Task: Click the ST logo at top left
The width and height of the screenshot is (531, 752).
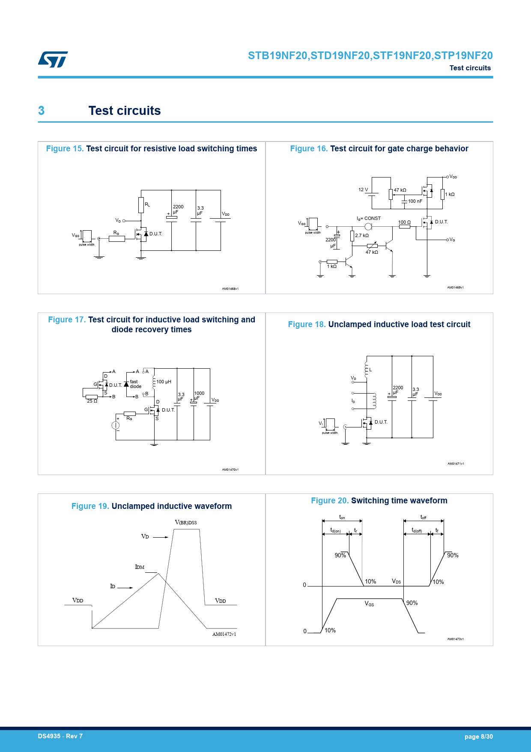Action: point(53,59)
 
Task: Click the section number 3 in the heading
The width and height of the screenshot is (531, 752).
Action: point(41,111)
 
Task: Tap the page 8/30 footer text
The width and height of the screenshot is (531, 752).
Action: point(478,737)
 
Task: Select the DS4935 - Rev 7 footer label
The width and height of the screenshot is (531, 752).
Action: point(60,736)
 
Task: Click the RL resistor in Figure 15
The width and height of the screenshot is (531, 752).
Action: point(141,205)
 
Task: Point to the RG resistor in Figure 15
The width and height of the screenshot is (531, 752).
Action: point(116,238)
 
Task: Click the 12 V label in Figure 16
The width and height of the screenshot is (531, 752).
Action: point(363,190)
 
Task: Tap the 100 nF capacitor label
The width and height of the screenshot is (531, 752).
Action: point(415,201)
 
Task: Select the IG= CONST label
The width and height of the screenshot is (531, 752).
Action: point(369,218)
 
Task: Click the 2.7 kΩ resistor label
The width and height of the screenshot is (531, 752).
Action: point(362,235)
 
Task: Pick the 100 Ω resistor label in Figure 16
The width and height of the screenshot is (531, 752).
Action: point(404,222)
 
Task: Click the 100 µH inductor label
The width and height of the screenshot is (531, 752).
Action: point(164,382)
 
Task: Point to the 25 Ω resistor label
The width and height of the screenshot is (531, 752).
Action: point(92,401)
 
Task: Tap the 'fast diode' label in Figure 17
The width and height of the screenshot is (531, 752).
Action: point(135,384)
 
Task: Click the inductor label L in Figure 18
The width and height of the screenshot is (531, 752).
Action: point(370,370)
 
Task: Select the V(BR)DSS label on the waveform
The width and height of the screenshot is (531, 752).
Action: point(186,523)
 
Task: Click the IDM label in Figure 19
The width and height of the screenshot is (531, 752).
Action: point(140,567)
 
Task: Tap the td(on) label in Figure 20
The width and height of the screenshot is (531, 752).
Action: point(335,531)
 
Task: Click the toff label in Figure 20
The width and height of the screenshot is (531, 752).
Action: point(423,517)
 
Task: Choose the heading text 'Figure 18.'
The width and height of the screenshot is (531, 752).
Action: point(307,325)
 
